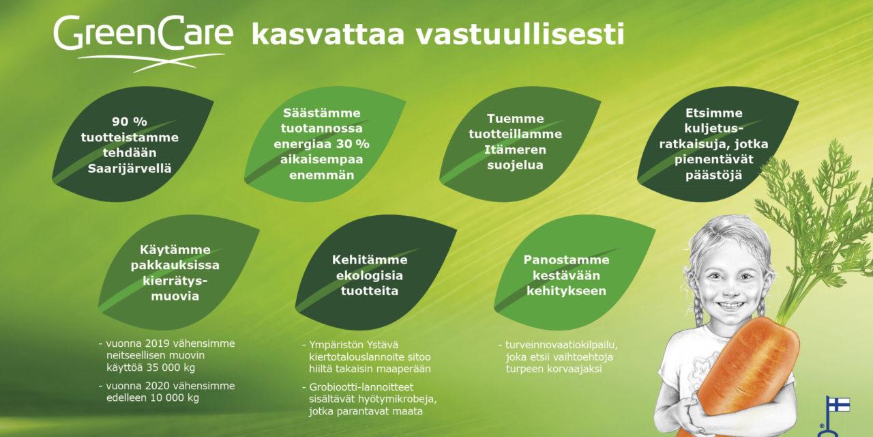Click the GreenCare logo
(143, 43)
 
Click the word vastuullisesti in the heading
(519, 34)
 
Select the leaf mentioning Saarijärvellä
(132, 144)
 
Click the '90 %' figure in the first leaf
(130, 122)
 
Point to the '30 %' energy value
(353, 144)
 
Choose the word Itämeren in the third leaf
(515, 150)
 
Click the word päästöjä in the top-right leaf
(713, 175)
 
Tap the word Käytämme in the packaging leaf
(175, 250)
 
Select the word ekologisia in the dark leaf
(369, 275)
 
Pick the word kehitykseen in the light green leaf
(566, 291)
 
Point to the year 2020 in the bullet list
(158, 386)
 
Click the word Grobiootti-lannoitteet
(361, 387)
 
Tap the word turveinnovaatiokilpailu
(561, 345)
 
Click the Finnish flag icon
(839, 405)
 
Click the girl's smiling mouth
(730, 305)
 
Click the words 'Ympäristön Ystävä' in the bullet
(353, 345)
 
